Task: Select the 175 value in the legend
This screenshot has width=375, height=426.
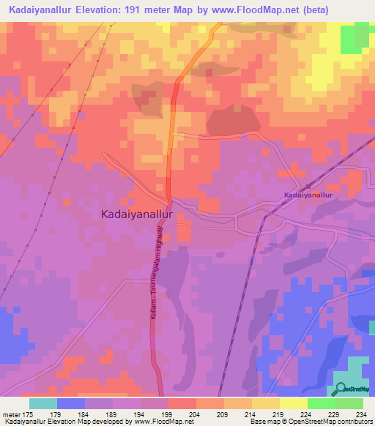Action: pos(30,414)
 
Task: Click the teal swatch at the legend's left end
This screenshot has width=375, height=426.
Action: pos(43,403)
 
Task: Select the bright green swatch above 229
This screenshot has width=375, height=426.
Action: pos(322,403)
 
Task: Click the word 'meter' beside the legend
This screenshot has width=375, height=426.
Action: pos(12,414)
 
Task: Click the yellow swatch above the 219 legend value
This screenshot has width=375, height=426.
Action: pos(266,403)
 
